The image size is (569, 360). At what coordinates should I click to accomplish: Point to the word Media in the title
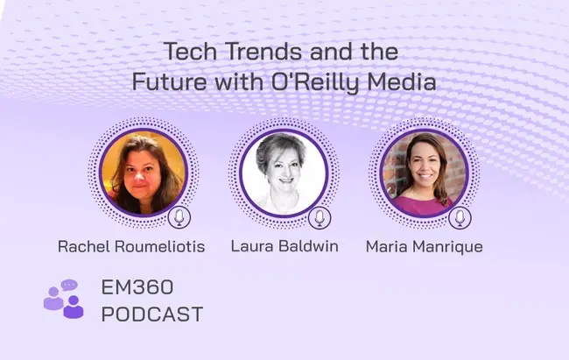coord(402,81)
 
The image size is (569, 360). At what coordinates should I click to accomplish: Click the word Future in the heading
coord(170,81)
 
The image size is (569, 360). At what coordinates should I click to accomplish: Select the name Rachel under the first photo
coord(83,246)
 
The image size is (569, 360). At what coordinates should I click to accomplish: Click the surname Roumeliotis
coord(160,246)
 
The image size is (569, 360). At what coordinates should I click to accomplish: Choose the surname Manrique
coord(448,247)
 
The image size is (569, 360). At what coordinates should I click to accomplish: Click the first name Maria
coord(386,247)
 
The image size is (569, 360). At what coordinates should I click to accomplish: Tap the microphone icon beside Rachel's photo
coord(179,217)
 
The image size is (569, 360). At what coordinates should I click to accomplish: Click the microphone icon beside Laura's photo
coord(320,217)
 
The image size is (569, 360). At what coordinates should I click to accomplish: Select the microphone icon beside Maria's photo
coord(460,217)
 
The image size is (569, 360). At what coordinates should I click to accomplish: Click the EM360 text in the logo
coord(137,287)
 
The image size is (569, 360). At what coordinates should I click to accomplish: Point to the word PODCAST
coord(152,314)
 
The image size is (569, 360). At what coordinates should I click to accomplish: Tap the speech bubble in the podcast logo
coord(69,286)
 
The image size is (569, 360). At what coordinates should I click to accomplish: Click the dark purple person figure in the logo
coord(74,307)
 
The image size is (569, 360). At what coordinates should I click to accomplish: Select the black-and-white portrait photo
coord(284,173)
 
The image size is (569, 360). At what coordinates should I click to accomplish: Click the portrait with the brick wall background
coord(425,173)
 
